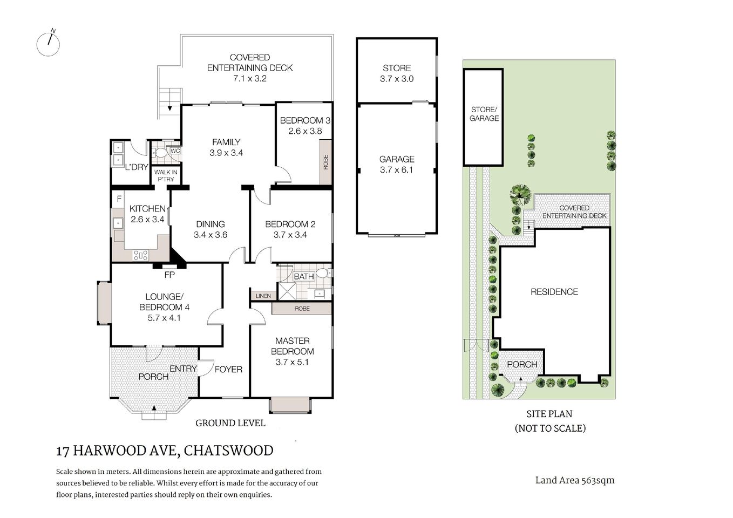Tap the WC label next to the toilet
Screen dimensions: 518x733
(175, 151)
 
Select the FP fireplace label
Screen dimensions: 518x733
(169, 274)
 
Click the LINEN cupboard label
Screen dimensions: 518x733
(263, 296)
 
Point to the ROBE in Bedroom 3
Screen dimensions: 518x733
(325, 162)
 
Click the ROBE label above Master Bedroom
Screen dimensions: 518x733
(302, 309)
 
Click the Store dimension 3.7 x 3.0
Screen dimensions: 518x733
(397, 79)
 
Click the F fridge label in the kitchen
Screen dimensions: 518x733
(119, 199)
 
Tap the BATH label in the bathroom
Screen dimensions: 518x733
(303, 277)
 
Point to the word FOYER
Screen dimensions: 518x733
(228, 370)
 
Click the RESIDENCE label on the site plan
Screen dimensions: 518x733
(554, 292)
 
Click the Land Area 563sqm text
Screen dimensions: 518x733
(574, 480)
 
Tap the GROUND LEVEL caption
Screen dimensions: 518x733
(230, 423)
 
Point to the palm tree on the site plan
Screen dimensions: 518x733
(520, 193)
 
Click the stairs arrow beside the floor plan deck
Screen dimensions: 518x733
(170, 107)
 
